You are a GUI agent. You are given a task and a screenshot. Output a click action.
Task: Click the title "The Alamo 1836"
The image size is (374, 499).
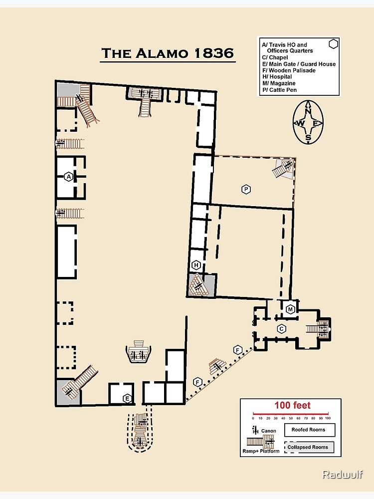pos(168,53)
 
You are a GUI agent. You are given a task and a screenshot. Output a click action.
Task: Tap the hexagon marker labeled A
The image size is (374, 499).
pos(69,177)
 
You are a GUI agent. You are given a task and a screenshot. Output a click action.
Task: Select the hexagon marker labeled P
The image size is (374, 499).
pos(246,189)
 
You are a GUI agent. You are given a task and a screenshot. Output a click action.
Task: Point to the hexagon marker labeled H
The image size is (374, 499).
pos(196,265)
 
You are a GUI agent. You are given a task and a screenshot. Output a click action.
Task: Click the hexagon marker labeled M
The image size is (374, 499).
pos(290,309)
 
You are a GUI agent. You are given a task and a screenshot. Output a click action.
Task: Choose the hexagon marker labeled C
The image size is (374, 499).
pos(281,329)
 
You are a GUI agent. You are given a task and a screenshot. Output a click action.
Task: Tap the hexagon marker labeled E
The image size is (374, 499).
pos(127,398)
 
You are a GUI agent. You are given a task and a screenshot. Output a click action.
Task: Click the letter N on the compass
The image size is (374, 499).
pos(308,111)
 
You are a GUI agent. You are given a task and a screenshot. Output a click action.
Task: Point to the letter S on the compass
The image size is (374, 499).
pos(308,138)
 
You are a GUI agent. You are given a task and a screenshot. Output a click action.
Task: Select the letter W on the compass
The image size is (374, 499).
pos(300,123)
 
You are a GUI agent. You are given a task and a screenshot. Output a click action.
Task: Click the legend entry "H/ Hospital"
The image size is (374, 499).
pos(277,77)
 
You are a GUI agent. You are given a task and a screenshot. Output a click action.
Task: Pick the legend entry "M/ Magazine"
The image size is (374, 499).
pos(279,83)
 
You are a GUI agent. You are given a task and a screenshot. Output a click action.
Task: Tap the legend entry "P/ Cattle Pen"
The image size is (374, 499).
pos(280,90)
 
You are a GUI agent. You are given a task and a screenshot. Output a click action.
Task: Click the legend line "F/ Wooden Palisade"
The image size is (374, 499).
pos(289,70)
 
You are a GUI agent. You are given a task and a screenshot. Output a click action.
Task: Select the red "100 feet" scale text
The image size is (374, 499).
pos(292,405)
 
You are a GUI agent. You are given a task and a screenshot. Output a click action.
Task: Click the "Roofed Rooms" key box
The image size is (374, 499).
pos(310,430)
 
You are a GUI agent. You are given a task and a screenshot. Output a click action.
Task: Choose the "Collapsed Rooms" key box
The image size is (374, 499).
pos(309,447)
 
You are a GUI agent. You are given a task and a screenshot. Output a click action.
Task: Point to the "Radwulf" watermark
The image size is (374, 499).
pos(342,474)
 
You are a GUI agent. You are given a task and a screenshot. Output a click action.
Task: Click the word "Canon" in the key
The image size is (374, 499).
pos(268,431)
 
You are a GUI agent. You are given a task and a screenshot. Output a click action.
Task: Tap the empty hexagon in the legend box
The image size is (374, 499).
pos(333,44)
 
